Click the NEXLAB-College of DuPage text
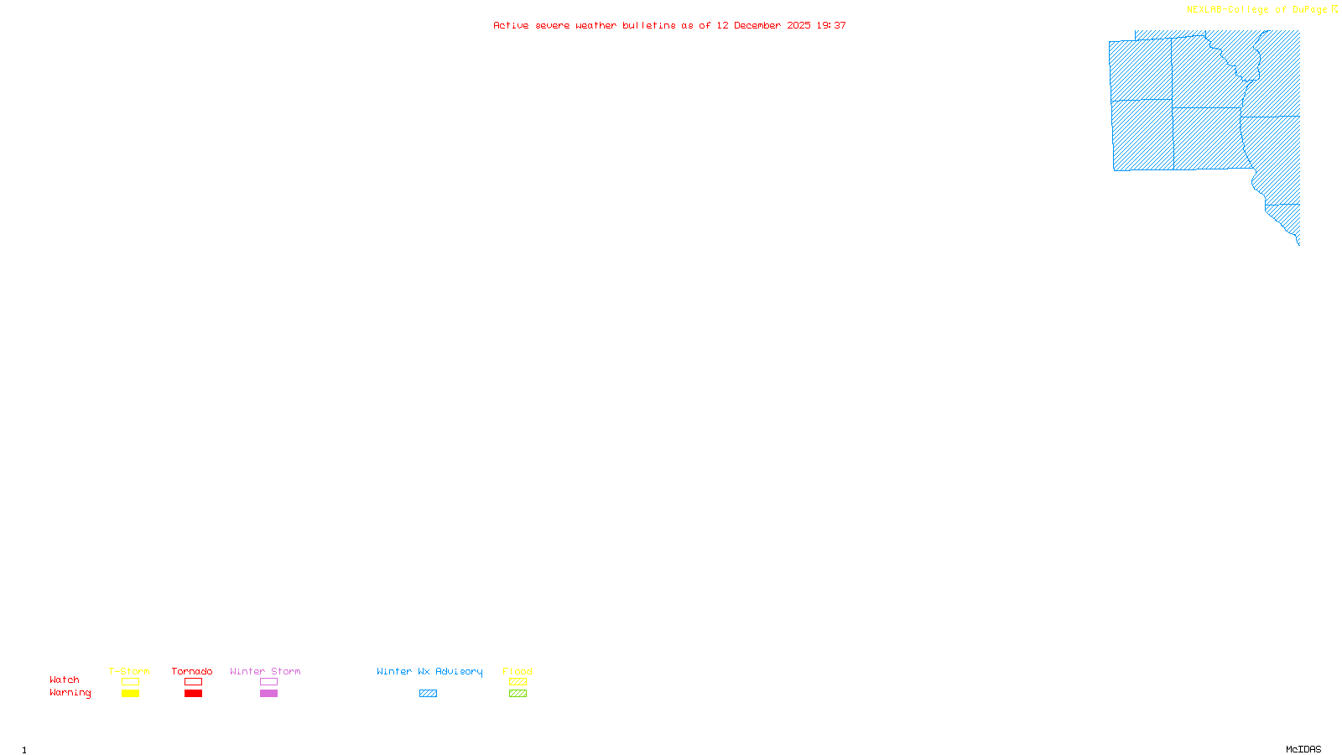click(1256, 10)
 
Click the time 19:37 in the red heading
click(831, 26)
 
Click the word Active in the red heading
click(511, 26)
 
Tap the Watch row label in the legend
click(65, 680)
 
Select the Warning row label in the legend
click(70, 693)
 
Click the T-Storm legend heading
click(129, 671)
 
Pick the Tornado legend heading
click(192, 671)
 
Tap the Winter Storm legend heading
click(265, 671)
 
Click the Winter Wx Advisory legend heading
click(429, 671)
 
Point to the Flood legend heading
click(518, 671)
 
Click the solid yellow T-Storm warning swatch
click(130, 694)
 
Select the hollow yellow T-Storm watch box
click(130, 682)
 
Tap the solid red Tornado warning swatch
click(193, 694)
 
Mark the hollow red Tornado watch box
click(193, 682)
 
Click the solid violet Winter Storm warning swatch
click(268, 694)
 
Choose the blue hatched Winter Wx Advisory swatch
click(428, 694)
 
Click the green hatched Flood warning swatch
click(518, 694)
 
